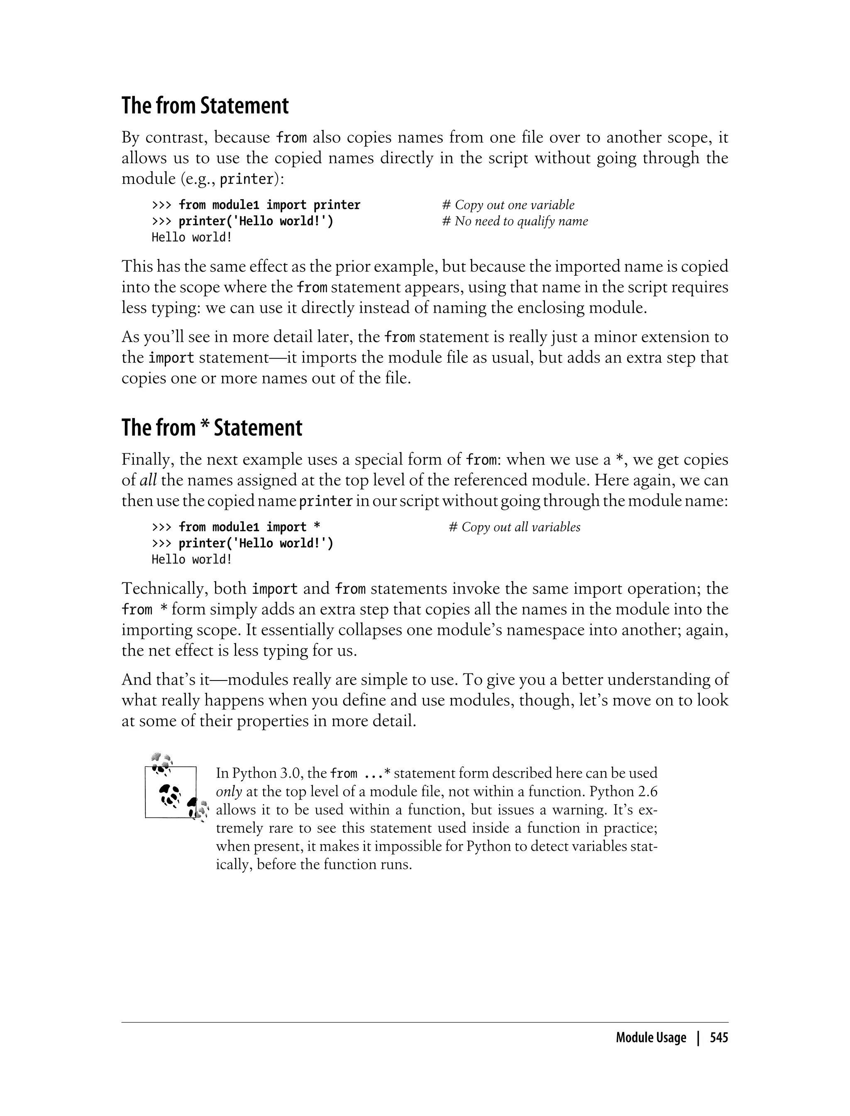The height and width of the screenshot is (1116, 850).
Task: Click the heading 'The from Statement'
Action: (x=205, y=106)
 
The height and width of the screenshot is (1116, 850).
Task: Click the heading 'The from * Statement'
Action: (x=212, y=428)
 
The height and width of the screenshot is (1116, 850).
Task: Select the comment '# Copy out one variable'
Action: (x=508, y=205)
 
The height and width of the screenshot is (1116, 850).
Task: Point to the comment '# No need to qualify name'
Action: (x=515, y=221)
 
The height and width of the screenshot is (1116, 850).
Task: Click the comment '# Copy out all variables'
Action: (x=514, y=527)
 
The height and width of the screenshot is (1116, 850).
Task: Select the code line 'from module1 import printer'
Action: (x=269, y=205)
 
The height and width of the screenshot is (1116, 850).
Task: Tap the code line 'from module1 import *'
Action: (x=249, y=527)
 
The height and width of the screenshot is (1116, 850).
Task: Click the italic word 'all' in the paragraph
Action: (x=148, y=480)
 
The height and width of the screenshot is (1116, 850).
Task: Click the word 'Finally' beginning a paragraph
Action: (x=147, y=460)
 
